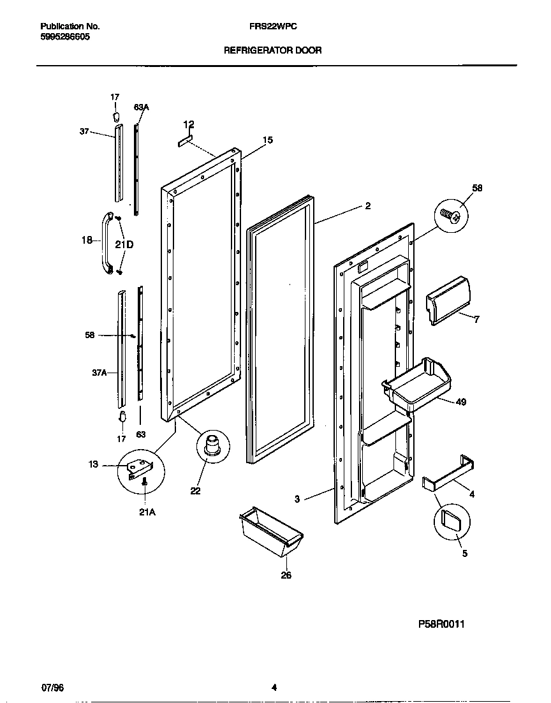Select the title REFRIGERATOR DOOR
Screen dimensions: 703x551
[x=272, y=50]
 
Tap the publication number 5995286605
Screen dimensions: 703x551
[x=64, y=37]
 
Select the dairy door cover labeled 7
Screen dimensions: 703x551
[x=450, y=300]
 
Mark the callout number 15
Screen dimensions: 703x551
[x=268, y=140]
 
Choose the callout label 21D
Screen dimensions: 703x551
[x=124, y=244]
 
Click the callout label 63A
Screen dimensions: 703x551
[x=141, y=108]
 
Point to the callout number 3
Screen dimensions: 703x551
[x=297, y=500]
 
